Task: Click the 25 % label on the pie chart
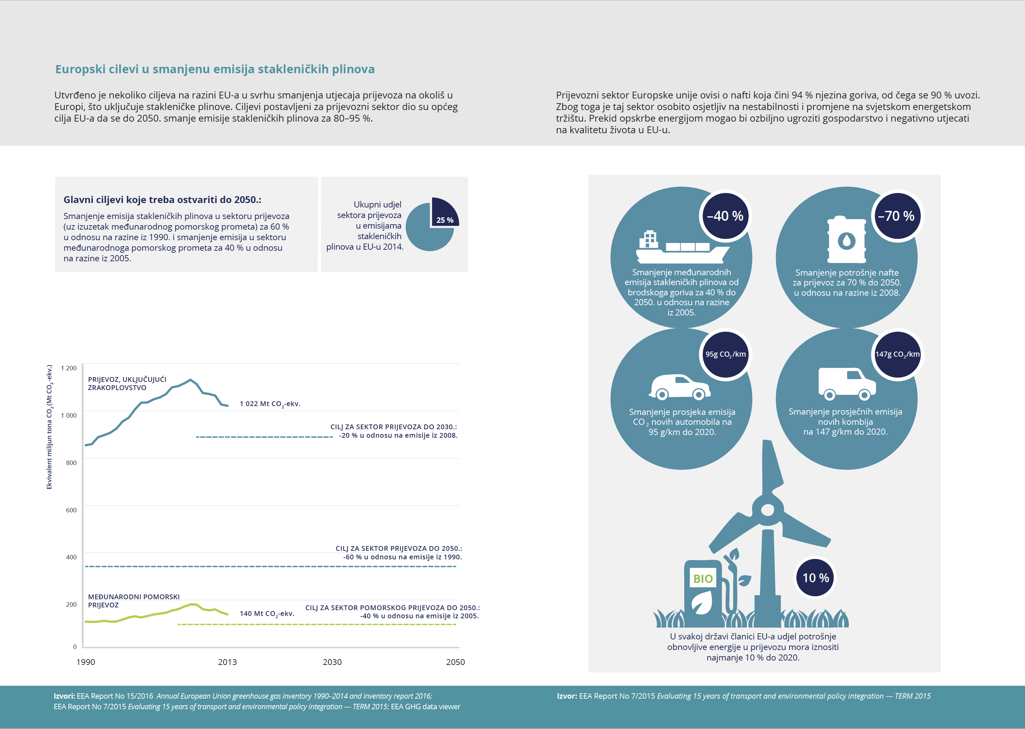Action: tap(444, 220)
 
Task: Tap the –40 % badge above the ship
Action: tap(725, 216)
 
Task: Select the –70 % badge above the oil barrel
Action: tap(897, 216)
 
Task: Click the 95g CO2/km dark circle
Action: tap(725, 354)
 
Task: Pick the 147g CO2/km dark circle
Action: tap(897, 354)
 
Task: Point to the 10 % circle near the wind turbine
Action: tap(815, 578)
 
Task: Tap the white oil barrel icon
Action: tap(846, 240)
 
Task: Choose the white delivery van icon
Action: tap(846, 384)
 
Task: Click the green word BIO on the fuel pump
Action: tap(703, 579)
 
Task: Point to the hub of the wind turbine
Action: tap(768, 510)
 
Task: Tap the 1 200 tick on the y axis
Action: tap(69, 368)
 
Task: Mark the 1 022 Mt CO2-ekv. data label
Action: tap(270, 404)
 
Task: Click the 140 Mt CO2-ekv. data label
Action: tap(267, 614)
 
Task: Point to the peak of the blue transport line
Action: tap(191, 380)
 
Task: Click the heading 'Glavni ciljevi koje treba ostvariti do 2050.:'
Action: tap(162, 200)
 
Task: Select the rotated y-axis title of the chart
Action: tap(49, 426)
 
